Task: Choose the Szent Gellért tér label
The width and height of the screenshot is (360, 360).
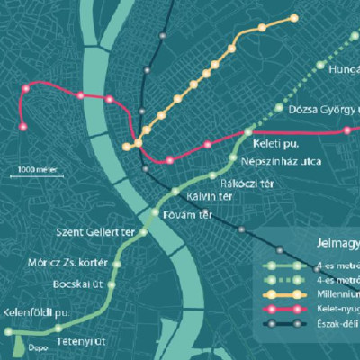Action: click(95, 232)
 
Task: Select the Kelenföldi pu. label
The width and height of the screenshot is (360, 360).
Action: click(36, 311)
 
